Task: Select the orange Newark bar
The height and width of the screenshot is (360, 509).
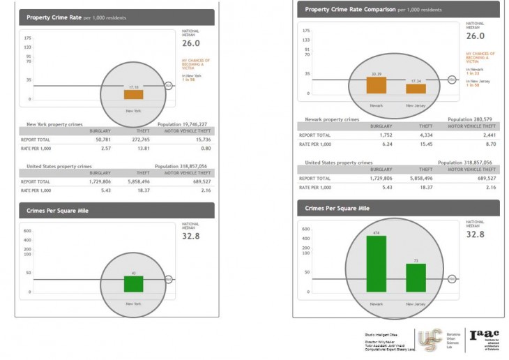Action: tap(376, 84)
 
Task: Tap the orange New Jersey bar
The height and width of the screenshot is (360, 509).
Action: tap(416, 88)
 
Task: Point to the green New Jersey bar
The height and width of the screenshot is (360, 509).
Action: tap(416, 278)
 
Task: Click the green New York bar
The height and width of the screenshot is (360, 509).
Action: tap(133, 284)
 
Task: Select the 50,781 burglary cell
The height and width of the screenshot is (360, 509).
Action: tap(102, 139)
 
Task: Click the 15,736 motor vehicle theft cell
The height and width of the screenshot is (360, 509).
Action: tap(201, 139)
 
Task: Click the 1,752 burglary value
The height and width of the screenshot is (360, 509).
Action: tap(383, 135)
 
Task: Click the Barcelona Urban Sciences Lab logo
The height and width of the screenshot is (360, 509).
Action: tap(432, 340)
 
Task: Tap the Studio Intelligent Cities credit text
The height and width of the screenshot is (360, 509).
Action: tap(382, 335)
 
